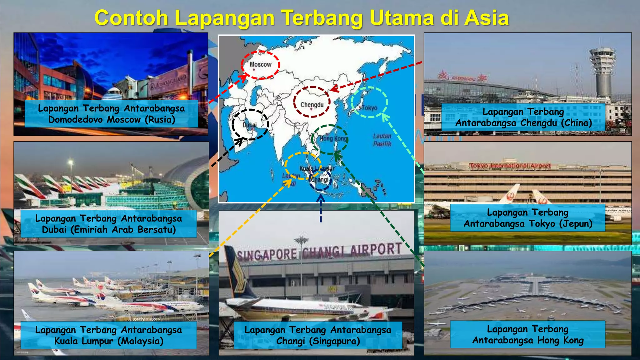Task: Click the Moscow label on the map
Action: click(x=260, y=64)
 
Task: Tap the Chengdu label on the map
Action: click(x=312, y=105)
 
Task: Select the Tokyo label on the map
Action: click(x=369, y=108)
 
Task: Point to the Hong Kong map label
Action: click(x=333, y=138)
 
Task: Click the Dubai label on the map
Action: click(x=250, y=125)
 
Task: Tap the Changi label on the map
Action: click(x=320, y=180)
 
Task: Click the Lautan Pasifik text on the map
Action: click(x=382, y=140)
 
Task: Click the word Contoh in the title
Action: click(x=131, y=18)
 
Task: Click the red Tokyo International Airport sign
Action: click(x=510, y=166)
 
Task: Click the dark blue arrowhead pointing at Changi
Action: click(x=321, y=198)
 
